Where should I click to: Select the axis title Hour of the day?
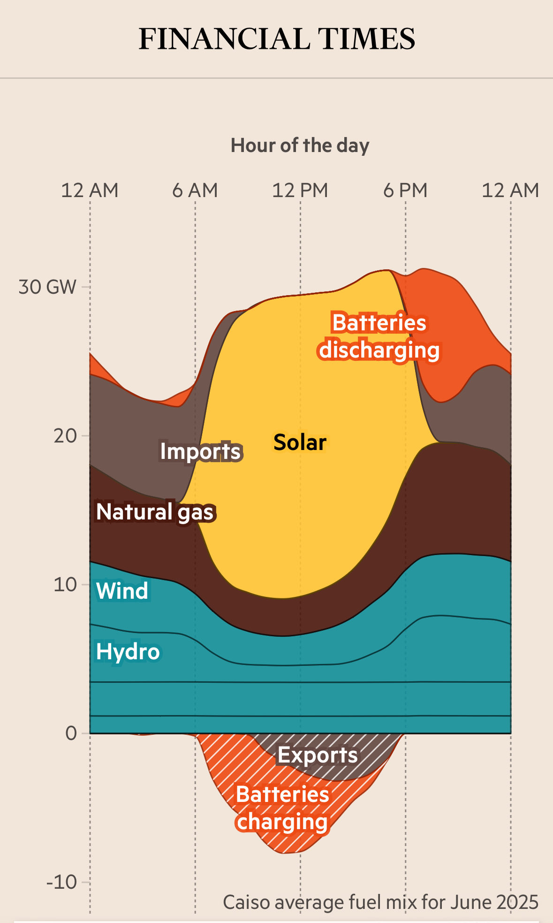[300, 145]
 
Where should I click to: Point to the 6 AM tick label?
[195, 191]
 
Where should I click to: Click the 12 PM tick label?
[300, 191]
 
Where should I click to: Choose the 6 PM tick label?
[405, 191]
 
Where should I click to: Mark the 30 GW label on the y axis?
[47, 287]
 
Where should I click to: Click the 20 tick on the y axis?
[65, 436]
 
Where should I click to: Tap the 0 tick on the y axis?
[71, 733]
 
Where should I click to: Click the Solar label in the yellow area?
[300, 442]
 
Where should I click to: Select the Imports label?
[200, 451]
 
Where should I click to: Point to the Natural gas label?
[155, 512]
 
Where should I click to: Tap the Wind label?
[122, 591]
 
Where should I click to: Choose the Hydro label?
[128, 652]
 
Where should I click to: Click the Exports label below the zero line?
[318, 755]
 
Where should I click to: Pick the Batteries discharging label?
[379, 336]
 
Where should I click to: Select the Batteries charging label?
[282, 808]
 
